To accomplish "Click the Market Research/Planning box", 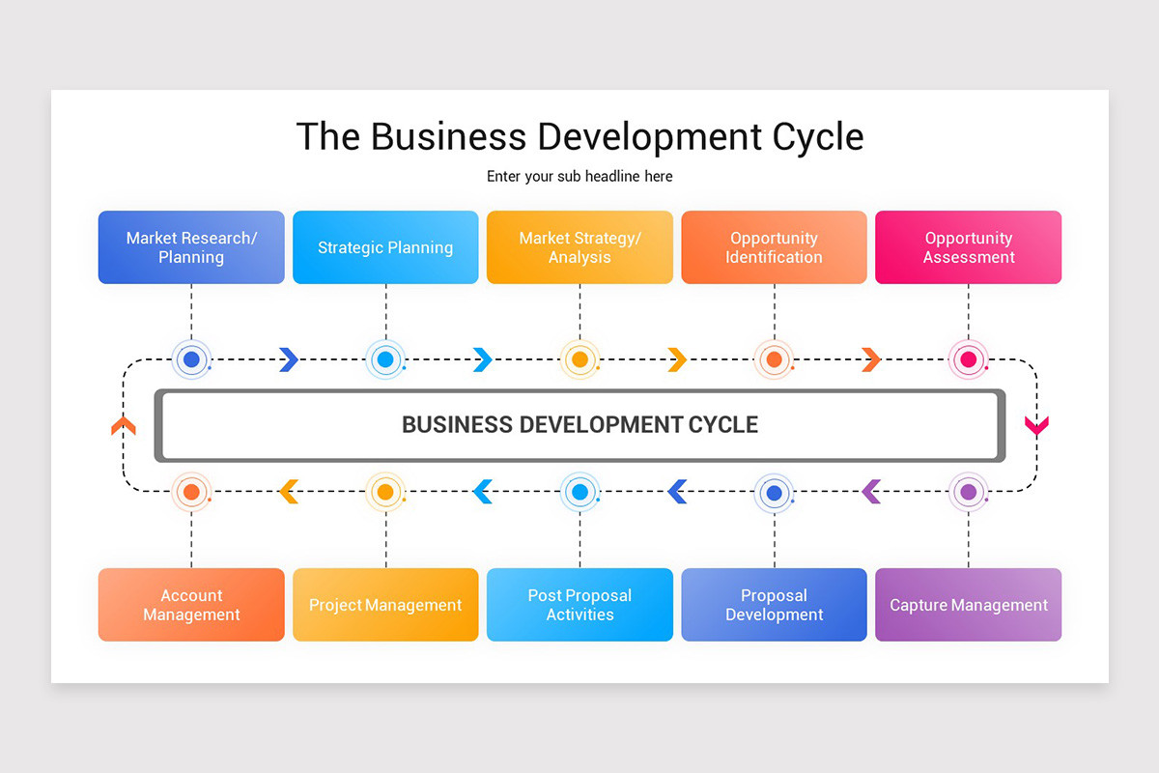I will click(191, 247).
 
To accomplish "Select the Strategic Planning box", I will click(385, 247).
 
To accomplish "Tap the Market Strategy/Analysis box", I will click(579, 247).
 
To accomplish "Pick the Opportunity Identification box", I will click(775, 247).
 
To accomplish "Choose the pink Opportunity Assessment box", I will click(968, 247).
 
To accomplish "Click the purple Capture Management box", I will click(968, 605).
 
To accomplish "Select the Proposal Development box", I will click(775, 605).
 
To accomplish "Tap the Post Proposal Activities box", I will click(579, 605).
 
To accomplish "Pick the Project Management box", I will click(385, 605).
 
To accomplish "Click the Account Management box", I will click(191, 605).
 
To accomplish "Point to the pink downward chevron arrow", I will click(1036, 425).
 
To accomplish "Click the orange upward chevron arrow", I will click(124, 425).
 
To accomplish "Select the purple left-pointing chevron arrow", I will click(871, 492).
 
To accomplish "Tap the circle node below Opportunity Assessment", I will click(968, 359).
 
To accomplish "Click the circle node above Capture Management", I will click(968, 492).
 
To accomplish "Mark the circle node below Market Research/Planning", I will click(191, 359).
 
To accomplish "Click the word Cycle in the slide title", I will click(818, 136).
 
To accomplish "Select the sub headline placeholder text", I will click(579, 177).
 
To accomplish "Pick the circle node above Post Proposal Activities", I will click(579, 492).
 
